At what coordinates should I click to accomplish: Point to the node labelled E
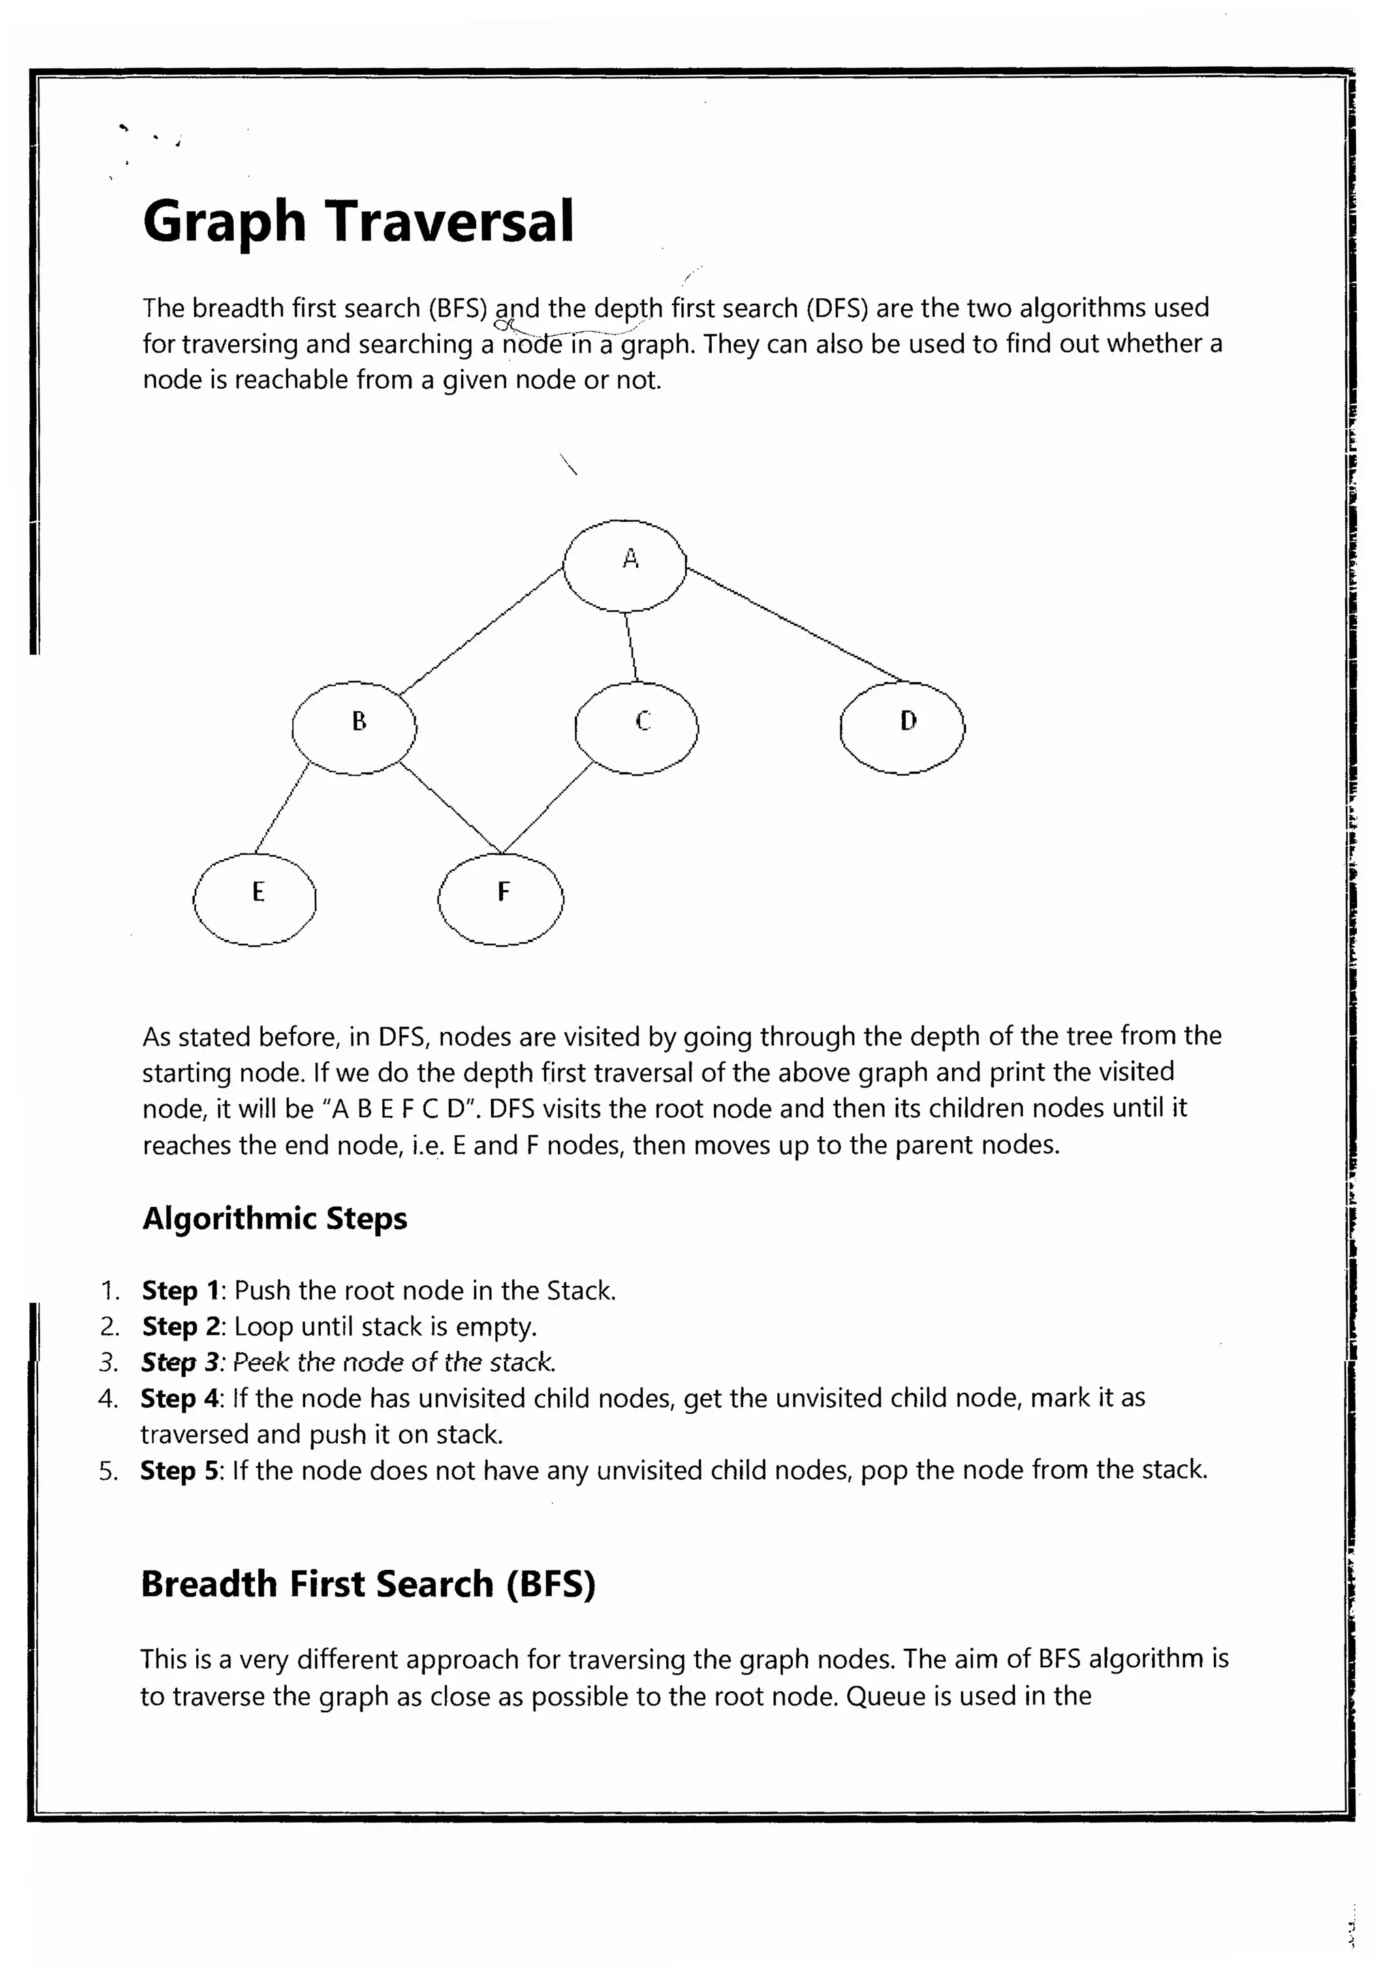(255, 899)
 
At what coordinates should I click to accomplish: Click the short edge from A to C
(631, 646)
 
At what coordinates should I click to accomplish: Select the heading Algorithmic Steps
(275, 1218)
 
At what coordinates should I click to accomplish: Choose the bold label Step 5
(181, 1470)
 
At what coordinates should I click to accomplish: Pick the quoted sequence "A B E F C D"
(401, 1109)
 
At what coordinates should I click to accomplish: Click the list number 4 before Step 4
(108, 1399)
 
